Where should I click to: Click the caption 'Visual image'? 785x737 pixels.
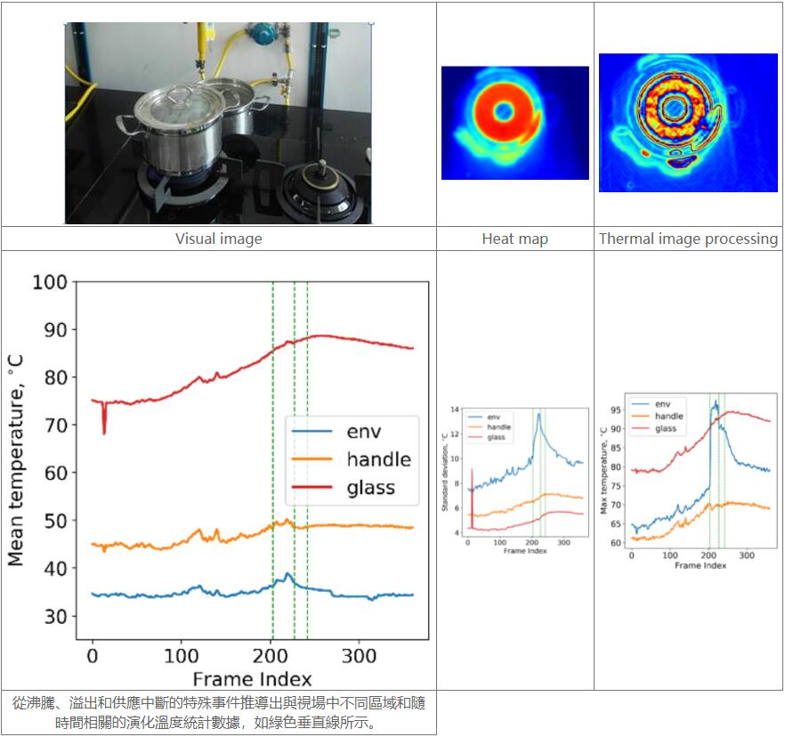click(x=218, y=239)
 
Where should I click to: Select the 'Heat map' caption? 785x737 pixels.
click(x=514, y=239)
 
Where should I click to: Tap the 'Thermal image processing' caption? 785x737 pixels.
click(x=688, y=239)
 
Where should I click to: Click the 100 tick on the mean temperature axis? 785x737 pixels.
click(x=50, y=282)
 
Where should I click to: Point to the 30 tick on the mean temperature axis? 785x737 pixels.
click(x=55, y=616)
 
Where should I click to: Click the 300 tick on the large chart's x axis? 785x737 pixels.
click(x=359, y=656)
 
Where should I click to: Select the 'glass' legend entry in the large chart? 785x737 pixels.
click(x=370, y=487)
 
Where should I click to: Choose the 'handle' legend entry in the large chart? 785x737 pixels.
click(x=378, y=459)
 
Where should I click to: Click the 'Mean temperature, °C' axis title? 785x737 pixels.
click(x=16, y=459)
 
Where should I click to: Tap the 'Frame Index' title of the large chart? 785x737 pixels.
click(x=252, y=679)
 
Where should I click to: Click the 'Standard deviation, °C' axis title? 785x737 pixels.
click(x=445, y=471)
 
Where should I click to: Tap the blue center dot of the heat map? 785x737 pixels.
click(x=504, y=111)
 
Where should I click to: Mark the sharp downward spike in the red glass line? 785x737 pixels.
click(x=104, y=432)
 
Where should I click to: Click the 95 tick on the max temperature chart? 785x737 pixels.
click(x=618, y=410)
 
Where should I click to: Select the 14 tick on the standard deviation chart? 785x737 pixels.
click(x=455, y=409)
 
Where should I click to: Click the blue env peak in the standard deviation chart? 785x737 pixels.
click(x=538, y=414)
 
